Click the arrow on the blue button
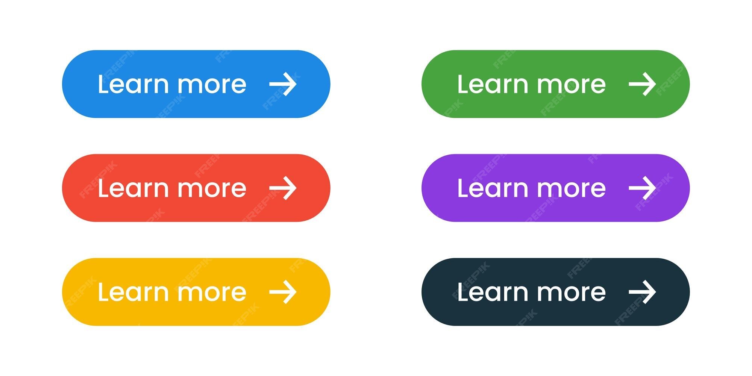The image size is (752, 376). [283, 84]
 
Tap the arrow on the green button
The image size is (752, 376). [643, 84]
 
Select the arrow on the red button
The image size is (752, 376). [283, 188]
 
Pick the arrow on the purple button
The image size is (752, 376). [643, 188]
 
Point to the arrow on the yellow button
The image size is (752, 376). [283, 292]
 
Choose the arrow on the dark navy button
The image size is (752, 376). [643, 292]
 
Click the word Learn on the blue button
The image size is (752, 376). [133, 84]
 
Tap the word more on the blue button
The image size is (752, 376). [212, 86]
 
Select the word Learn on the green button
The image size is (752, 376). [493, 84]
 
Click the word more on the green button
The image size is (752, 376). [572, 86]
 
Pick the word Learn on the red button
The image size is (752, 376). [133, 188]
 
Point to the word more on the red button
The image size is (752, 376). [212, 190]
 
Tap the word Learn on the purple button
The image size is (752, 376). [493, 188]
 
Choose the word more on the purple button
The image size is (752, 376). [572, 190]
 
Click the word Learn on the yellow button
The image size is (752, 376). [133, 291]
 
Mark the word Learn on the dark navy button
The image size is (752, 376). [493, 291]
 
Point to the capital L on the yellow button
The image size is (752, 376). [103, 291]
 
